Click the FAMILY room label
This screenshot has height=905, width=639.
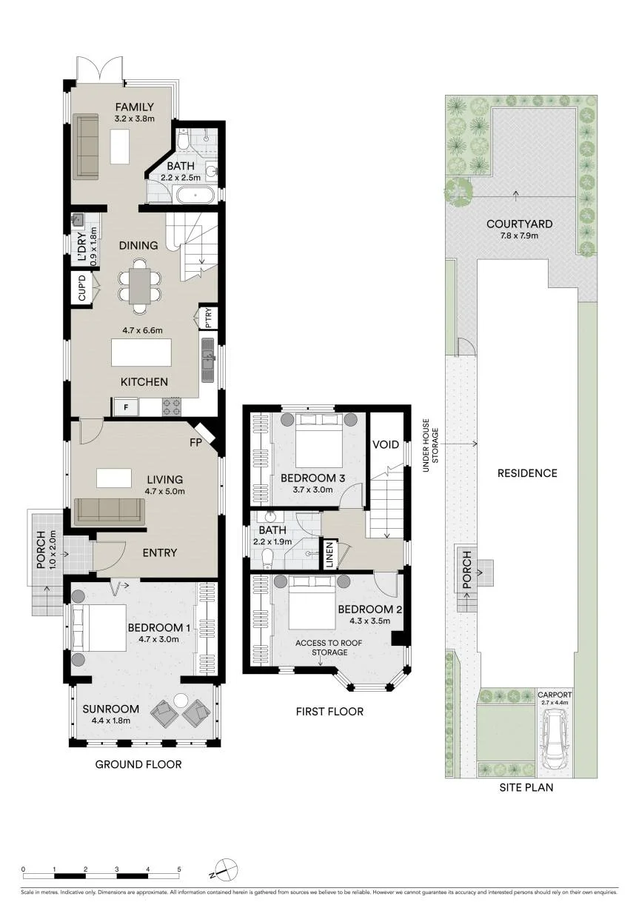coord(135,107)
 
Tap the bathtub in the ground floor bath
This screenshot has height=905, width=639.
coord(196,196)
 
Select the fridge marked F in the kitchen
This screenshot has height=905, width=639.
coord(126,407)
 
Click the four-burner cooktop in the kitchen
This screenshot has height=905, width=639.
coord(171,407)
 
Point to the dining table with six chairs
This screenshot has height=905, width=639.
coord(140,286)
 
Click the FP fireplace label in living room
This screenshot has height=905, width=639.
coord(195,443)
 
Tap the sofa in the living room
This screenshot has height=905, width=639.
coord(110,512)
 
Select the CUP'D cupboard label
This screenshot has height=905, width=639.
coord(82,287)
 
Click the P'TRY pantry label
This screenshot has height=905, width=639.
coord(208,318)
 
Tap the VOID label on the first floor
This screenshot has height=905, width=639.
coord(386,445)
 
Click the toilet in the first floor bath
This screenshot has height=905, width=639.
coord(267,558)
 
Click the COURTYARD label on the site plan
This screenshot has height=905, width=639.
coord(520,224)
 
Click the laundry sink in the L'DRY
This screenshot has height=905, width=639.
coord(78,219)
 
